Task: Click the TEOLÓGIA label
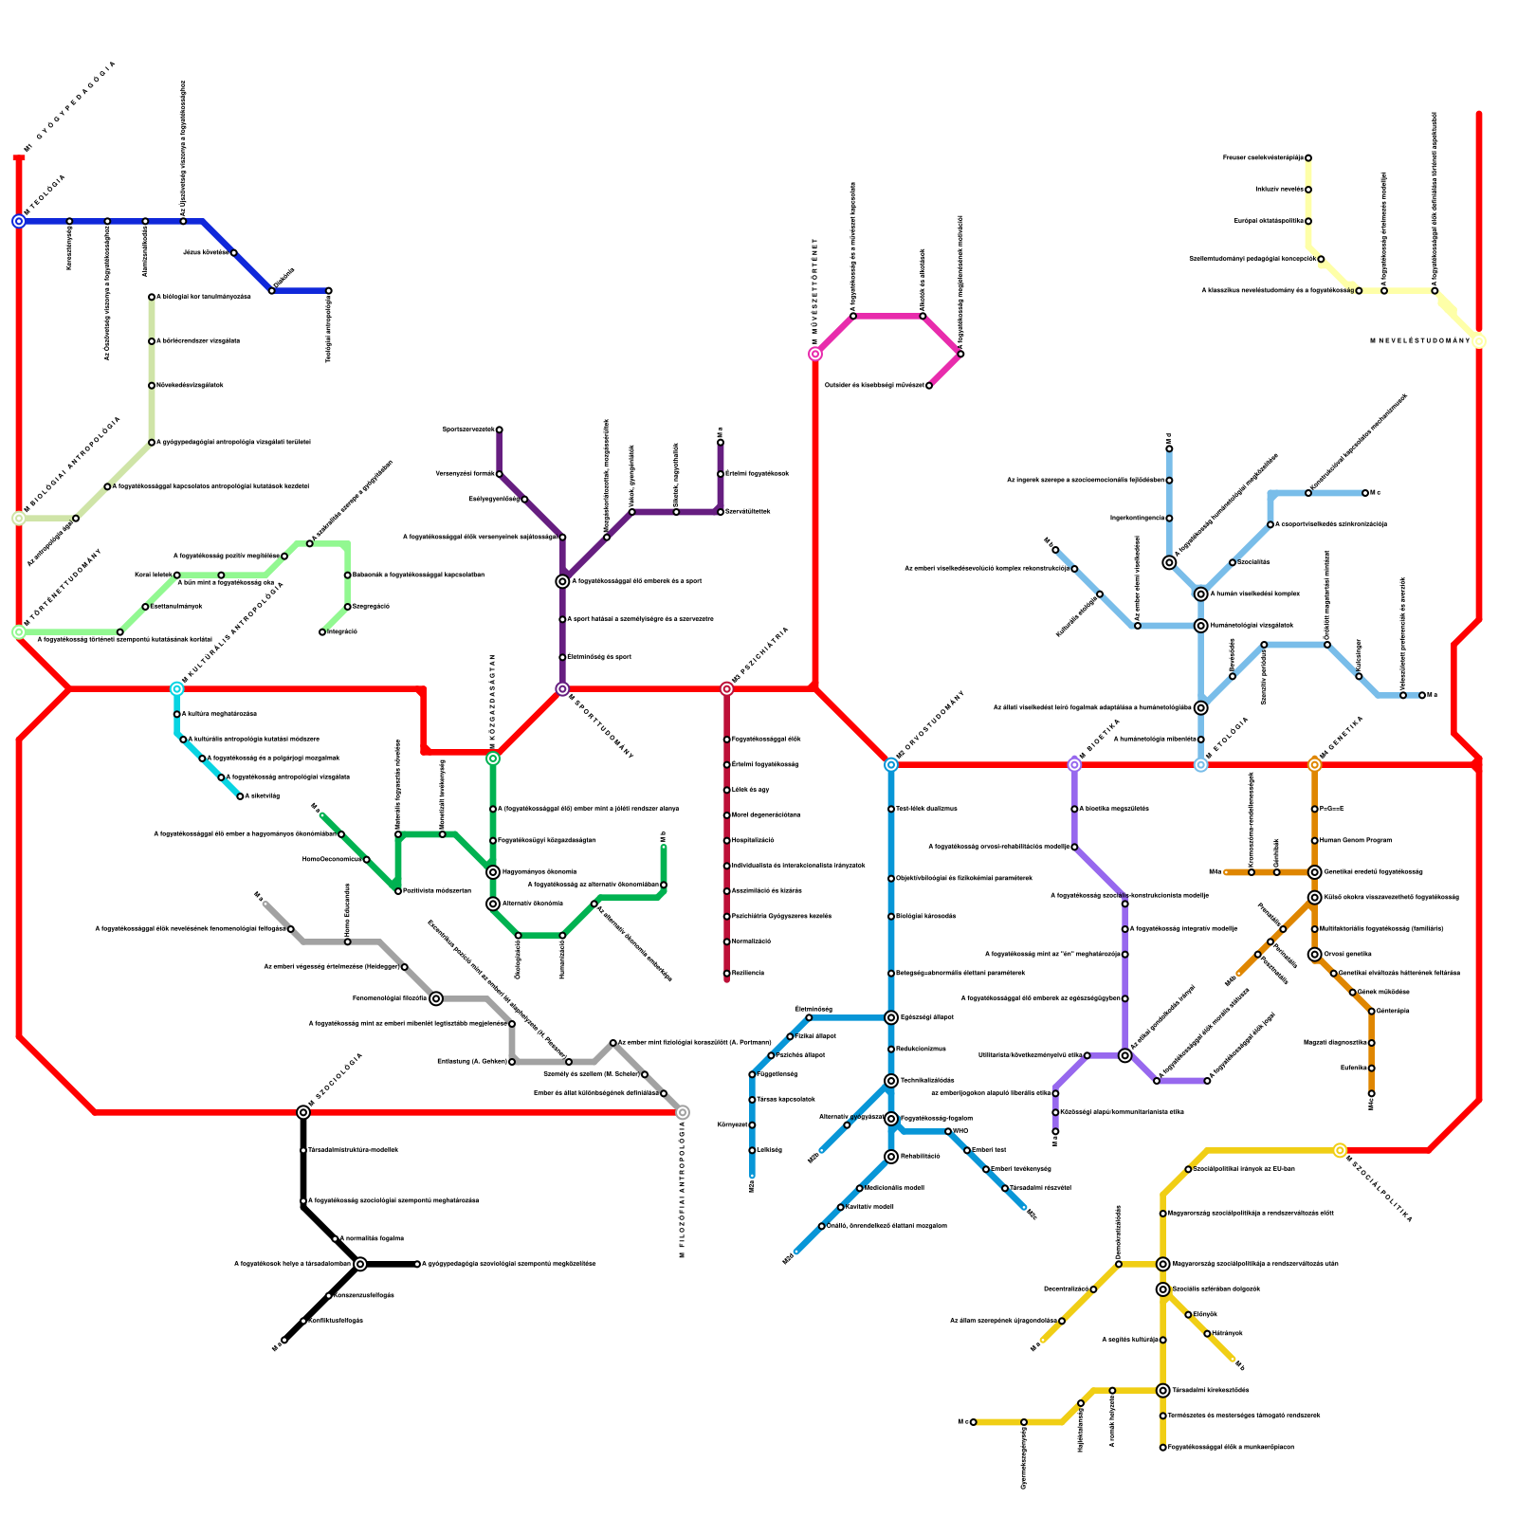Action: [46, 194]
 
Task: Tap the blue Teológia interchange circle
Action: [19, 222]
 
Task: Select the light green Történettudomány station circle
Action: [19, 632]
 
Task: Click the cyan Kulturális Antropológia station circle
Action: [177, 689]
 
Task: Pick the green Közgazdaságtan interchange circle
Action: [493, 758]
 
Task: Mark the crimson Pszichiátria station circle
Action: [727, 689]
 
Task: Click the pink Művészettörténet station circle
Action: [815, 355]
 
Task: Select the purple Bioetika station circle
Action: [1074, 764]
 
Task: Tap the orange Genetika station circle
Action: [1314, 764]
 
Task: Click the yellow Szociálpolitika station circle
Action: [1340, 1150]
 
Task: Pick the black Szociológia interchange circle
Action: [303, 1112]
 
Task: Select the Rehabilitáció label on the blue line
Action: [920, 1157]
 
